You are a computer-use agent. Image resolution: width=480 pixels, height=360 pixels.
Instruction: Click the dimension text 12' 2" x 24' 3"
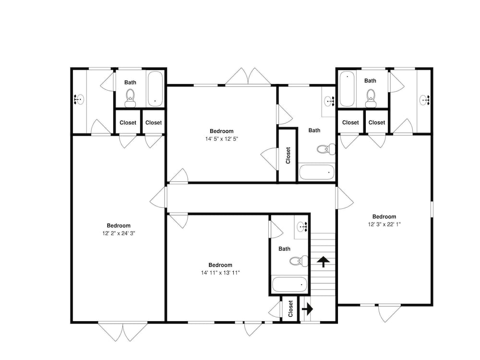pyautogui.click(x=119, y=233)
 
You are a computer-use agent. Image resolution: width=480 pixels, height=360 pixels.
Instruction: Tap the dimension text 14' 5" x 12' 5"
pyautogui.click(x=222, y=139)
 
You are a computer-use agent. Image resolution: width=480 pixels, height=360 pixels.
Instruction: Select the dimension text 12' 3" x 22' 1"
pyautogui.click(x=384, y=224)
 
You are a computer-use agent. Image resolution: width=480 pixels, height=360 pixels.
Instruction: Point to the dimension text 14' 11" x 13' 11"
pyautogui.click(x=220, y=273)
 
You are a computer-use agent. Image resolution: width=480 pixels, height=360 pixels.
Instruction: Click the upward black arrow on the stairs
pyautogui.click(x=323, y=262)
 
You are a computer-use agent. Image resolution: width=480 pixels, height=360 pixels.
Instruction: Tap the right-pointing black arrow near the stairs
pyautogui.click(x=307, y=309)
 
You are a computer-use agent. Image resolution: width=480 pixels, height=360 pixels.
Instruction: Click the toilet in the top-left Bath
pyautogui.click(x=130, y=98)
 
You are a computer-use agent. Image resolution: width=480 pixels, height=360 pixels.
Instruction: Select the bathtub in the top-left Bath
pyautogui.click(x=155, y=89)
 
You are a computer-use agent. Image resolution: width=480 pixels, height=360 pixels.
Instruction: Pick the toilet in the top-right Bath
pyautogui.click(x=371, y=98)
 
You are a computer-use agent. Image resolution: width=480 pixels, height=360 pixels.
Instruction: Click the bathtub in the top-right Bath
pyautogui.click(x=347, y=89)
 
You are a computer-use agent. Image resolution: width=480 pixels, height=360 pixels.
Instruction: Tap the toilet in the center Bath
pyautogui.click(x=326, y=149)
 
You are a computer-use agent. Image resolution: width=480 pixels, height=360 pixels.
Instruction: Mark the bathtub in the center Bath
pyautogui.click(x=316, y=172)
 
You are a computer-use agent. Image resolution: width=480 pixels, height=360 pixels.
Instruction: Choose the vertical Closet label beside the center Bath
pyautogui.click(x=288, y=156)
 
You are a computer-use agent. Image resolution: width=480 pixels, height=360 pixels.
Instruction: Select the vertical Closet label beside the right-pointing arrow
pyautogui.click(x=290, y=309)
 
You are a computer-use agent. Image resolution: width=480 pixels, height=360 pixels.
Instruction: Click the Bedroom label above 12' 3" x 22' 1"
pyautogui.click(x=384, y=217)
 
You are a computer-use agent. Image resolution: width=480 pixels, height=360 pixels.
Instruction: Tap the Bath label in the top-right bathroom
pyautogui.click(x=370, y=81)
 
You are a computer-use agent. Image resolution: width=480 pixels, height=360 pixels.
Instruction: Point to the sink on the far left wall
pyautogui.click(x=79, y=100)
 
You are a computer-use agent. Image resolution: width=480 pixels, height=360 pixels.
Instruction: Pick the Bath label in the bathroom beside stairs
pyautogui.click(x=284, y=249)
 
